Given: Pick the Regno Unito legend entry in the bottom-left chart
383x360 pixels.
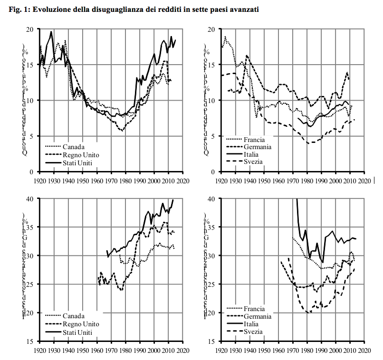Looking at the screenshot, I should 80,324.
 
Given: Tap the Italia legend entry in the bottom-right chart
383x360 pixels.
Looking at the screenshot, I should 252,324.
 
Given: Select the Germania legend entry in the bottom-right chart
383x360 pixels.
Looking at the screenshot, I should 257,316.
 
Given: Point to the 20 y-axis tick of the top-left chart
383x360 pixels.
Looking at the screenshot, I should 29,29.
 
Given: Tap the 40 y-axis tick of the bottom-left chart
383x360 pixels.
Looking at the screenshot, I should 29,199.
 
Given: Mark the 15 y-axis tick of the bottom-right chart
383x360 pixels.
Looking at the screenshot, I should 212,341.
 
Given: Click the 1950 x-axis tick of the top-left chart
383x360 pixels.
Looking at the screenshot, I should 82,181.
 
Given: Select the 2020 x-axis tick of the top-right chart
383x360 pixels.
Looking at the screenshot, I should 364,181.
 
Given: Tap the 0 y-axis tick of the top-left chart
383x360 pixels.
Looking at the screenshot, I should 31,172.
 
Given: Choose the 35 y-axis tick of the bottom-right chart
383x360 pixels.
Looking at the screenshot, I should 212,227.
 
